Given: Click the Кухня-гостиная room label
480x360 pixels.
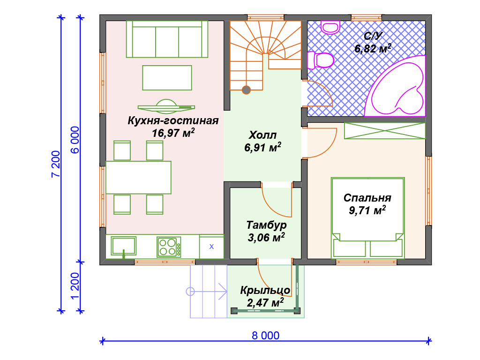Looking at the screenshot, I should pyautogui.click(x=173, y=121).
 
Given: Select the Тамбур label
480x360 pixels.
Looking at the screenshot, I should pyautogui.click(x=266, y=225).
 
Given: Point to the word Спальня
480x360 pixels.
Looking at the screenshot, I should pyautogui.click(x=367, y=197).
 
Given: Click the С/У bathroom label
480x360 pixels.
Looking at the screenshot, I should pyautogui.click(x=373, y=36).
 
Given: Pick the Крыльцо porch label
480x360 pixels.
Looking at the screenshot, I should pyautogui.click(x=265, y=291).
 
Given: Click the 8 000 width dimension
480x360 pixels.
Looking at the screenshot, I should pyautogui.click(x=265, y=336).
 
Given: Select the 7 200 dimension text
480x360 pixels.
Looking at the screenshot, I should pyautogui.click(x=56, y=164).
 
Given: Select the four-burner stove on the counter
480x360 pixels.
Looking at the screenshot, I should pyautogui.click(x=169, y=247).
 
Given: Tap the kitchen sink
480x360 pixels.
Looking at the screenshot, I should pyautogui.click(x=123, y=245).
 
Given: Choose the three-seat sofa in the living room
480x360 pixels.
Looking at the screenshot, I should pyautogui.click(x=167, y=39).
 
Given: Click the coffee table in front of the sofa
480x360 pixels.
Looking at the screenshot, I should pyautogui.click(x=167, y=78).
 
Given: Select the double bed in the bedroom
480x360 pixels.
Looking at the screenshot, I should pyautogui.click(x=367, y=217).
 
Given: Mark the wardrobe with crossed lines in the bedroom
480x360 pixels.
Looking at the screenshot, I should pyautogui.click(x=385, y=131).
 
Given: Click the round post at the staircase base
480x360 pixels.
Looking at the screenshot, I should pyautogui.click(x=246, y=90).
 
